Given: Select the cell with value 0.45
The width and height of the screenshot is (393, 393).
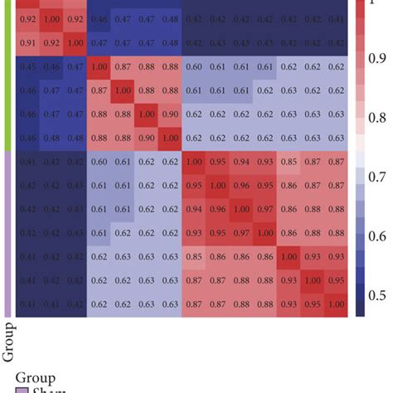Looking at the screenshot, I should tap(27, 67).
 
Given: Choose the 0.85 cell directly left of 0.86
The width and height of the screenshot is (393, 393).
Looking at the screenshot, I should tap(193, 257).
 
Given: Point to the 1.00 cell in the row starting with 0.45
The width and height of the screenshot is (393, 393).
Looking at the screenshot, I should tap(99, 67).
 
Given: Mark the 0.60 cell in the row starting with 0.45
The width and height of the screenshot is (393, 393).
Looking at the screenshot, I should tap(193, 67).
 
